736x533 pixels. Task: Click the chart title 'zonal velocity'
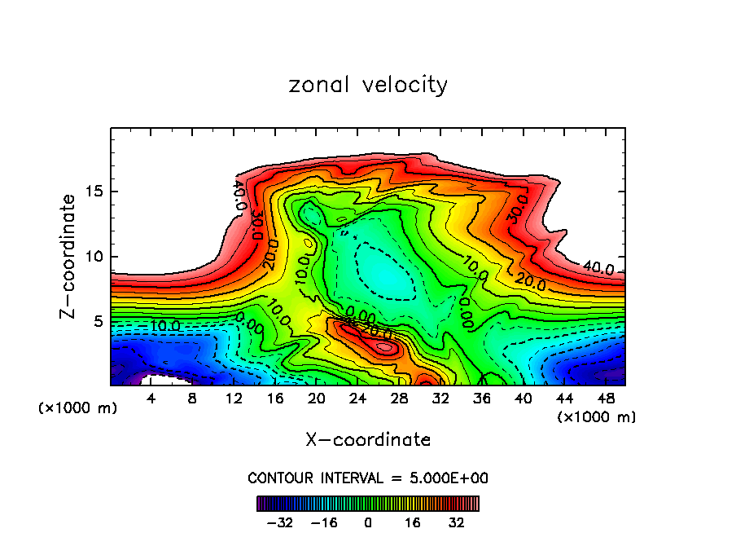[368, 85]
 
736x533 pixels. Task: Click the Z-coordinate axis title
[68, 256]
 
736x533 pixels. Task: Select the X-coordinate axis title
[368, 440]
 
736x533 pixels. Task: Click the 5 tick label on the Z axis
[97, 322]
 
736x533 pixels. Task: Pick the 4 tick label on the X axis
[151, 399]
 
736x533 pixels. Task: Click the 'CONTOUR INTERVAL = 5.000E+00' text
[368, 478]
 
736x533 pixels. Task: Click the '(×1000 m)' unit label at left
[78, 408]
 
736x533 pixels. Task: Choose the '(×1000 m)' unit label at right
[596, 417]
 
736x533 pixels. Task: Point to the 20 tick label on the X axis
[316, 399]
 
